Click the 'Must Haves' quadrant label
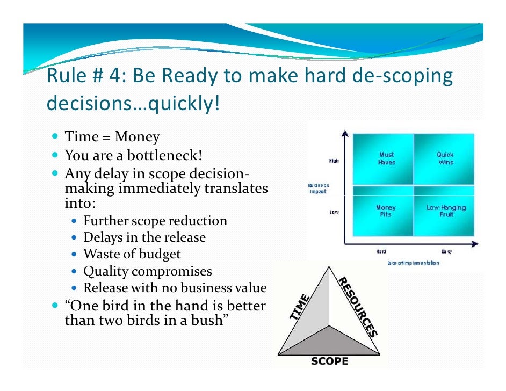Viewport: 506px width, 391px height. point(386,158)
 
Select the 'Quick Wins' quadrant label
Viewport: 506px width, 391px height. point(445,158)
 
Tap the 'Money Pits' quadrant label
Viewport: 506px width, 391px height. point(386,211)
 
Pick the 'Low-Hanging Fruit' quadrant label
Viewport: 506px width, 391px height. point(446,211)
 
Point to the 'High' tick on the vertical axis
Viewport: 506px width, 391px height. point(334,161)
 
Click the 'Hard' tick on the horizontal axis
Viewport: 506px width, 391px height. point(380,251)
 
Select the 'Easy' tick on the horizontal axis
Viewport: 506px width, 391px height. point(446,251)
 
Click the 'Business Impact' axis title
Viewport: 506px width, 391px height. point(318,189)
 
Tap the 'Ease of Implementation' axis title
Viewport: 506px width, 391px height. point(413,263)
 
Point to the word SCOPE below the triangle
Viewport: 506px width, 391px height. point(329,361)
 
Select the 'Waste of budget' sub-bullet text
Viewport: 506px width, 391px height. point(132,254)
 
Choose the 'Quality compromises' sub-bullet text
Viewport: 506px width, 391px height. point(148,271)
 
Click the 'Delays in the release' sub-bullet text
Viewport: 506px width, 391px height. point(144,237)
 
